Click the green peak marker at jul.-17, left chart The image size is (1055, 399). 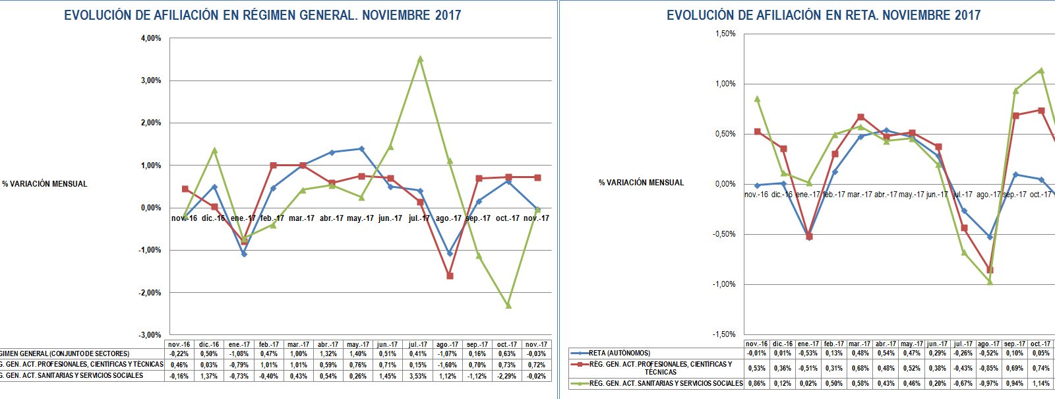pos(420,59)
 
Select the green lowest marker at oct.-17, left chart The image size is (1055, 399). pos(508,305)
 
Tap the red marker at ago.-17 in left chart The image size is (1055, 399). pos(450,276)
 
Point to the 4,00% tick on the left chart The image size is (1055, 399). pos(151,38)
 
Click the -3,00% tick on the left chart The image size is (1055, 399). pos(150,335)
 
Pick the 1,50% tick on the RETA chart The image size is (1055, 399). pos(725,34)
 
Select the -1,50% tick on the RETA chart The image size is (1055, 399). pos(724,334)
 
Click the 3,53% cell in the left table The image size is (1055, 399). pos(418,376)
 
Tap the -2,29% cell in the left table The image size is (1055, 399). pos(506,376)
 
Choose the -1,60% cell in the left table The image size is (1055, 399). pos(447,365)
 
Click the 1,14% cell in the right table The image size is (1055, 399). pos(1040,383)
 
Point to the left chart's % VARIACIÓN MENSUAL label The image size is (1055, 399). pos(45,184)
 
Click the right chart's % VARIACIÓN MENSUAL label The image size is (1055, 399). pos(641,183)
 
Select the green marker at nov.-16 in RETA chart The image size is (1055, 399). pos(757,99)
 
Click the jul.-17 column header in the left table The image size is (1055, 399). pos(418,344)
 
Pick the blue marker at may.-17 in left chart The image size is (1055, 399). pos(361,148)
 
